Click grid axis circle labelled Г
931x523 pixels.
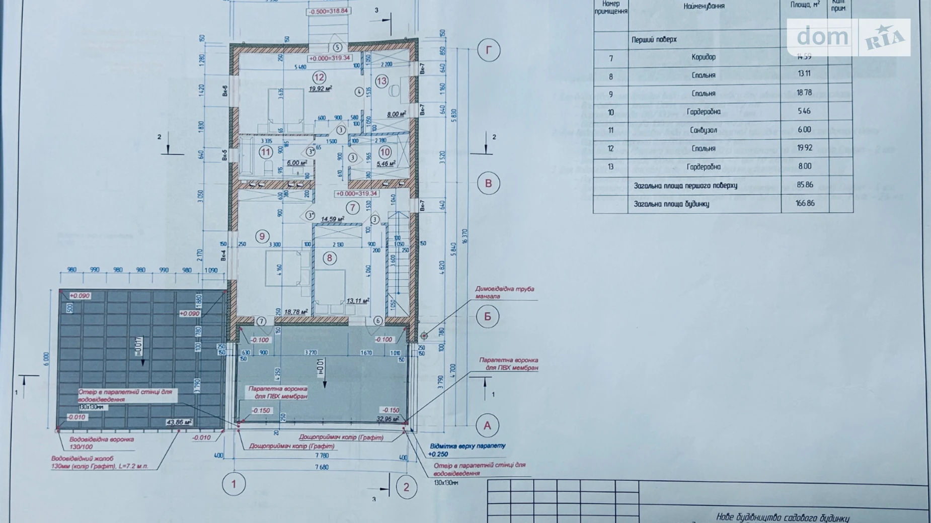click(488, 50)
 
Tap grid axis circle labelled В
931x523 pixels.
click(488, 184)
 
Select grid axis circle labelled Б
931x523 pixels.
click(487, 317)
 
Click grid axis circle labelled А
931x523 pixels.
click(487, 426)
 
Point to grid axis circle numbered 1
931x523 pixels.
click(234, 484)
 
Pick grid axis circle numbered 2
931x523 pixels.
click(406, 487)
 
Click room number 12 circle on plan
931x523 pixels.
click(319, 77)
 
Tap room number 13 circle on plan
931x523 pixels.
click(381, 81)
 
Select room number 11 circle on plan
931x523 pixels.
click(265, 152)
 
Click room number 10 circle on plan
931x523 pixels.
click(385, 152)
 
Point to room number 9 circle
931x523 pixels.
click(262, 236)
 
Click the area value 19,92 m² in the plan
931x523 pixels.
click(320, 89)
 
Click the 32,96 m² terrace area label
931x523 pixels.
click(387, 418)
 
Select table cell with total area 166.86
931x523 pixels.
click(805, 204)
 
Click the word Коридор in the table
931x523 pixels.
click(703, 57)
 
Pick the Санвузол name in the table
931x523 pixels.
click(703, 130)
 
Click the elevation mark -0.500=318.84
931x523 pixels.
click(329, 11)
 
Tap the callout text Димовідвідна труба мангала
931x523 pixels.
click(504, 293)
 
